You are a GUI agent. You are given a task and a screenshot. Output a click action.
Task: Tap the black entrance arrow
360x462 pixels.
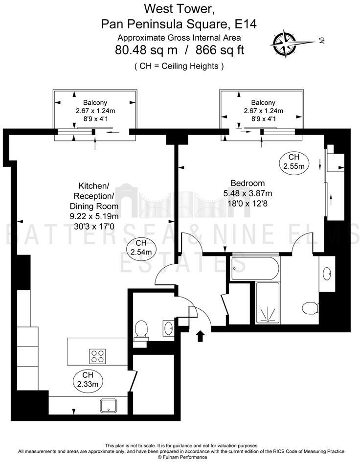tap(200, 336)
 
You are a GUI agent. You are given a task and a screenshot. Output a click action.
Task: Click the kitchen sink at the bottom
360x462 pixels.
tap(107, 404)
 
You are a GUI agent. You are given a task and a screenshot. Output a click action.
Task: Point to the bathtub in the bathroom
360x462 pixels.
tap(254, 269)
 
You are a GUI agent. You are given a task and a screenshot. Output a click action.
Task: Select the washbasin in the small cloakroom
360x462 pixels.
tap(168, 328)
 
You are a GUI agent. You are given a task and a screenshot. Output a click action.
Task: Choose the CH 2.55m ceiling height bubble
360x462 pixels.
tap(293, 162)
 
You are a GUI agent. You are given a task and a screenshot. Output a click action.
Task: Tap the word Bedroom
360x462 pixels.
tap(247, 183)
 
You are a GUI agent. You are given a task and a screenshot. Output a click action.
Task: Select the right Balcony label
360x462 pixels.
tap(263, 102)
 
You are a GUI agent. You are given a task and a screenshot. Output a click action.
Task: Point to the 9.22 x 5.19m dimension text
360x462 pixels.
tap(94, 216)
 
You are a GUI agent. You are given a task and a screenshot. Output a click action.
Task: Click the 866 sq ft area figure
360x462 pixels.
tap(220, 50)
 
